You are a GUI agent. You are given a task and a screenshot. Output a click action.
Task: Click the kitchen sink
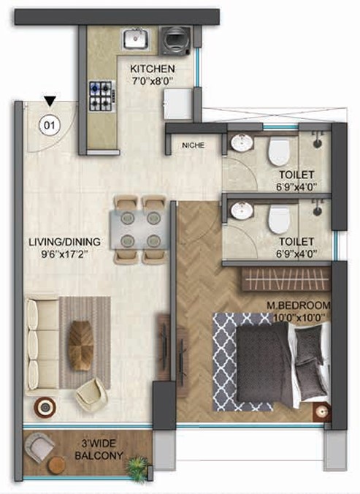(x=136, y=39)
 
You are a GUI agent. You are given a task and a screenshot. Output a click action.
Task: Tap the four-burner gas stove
(x=102, y=96)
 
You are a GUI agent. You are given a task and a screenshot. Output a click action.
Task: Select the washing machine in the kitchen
(x=175, y=41)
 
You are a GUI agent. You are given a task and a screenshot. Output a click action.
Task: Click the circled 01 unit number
(x=49, y=125)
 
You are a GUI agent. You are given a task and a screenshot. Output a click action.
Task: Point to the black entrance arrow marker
(x=50, y=101)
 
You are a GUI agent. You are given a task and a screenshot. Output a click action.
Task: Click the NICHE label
(x=194, y=145)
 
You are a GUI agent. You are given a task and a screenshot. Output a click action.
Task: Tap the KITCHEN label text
(x=153, y=69)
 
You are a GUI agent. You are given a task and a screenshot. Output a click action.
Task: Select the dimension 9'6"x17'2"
(x=64, y=254)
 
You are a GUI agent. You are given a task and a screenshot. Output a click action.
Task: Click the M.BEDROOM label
(x=299, y=305)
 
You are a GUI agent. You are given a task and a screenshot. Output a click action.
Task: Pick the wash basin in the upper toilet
(x=242, y=142)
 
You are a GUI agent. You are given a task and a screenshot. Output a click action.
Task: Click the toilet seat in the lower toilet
(x=279, y=219)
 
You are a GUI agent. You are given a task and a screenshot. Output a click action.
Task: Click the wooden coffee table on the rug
(x=81, y=346)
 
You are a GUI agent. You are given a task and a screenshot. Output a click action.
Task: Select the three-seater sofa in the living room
(x=42, y=345)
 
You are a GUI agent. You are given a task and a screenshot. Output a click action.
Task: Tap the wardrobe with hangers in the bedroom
(x=286, y=279)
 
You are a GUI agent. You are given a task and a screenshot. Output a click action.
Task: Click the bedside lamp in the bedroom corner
(x=321, y=412)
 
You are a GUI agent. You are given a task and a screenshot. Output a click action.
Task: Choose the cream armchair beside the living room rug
(x=92, y=393)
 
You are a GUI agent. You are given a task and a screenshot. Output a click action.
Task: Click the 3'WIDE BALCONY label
(x=99, y=449)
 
